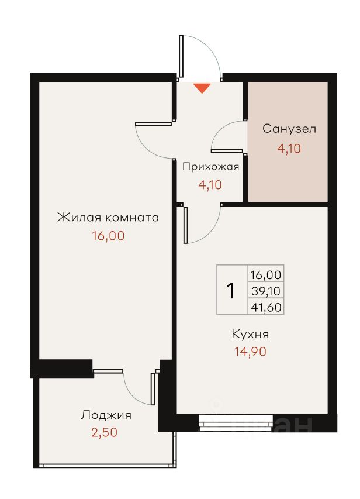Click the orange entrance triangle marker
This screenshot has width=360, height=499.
pyautogui.click(x=202, y=88)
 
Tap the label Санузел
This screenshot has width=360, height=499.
pyautogui.click(x=289, y=129)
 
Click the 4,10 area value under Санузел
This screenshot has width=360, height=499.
pyautogui.click(x=289, y=149)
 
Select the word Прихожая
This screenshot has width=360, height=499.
pyautogui.click(x=210, y=167)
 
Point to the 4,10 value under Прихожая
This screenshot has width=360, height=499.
pyautogui.click(x=210, y=185)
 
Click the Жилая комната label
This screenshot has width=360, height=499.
pyautogui.click(x=108, y=218)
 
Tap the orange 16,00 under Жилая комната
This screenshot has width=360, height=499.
pyautogui.click(x=108, y=236)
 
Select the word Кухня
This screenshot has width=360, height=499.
pyautogui.click(x=250, y=334)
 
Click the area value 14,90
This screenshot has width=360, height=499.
pyautogui.click(x=250, y=352)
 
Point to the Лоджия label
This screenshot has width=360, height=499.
pyautogui.click(x=106, y=415)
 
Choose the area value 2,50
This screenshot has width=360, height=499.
pyautogui.click(x=105, y=432)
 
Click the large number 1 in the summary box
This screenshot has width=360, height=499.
pyautogui.click(x=231, y=291)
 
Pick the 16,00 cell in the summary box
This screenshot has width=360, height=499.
pyautogui.click(x=266, y=274)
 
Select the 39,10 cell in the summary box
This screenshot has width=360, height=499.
pyautogui.click(x=266, y=291)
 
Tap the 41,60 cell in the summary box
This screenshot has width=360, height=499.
pyautogui.click(x=266, y=307)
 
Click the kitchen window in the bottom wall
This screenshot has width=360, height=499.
pyautogui.click(x=236, y=422)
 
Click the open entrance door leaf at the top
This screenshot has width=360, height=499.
pyautogui.click(x=181, y=56)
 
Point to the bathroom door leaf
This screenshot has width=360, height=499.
pyautogui.click(x=227, y=150)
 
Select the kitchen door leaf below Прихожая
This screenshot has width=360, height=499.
pyautogui.click(x=186, y=225)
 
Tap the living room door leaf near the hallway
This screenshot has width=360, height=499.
pyautogui.click(x=153, y=124)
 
